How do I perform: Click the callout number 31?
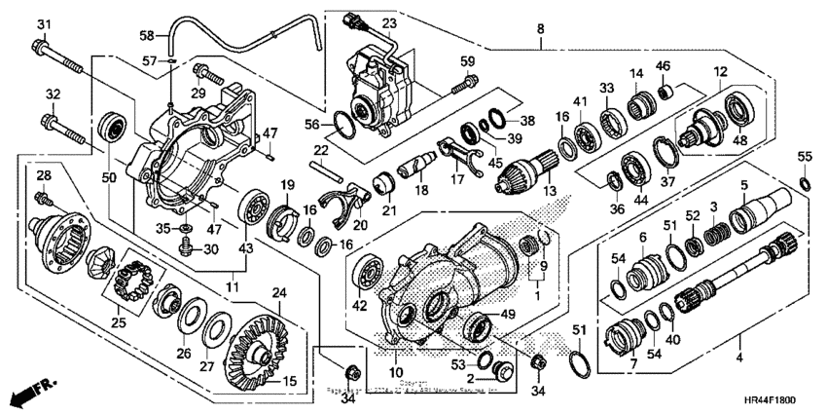43,23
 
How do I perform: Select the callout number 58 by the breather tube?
148,36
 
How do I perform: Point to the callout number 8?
540,30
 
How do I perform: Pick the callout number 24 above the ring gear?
278,292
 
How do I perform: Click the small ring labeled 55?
804,182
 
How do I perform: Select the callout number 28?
42,175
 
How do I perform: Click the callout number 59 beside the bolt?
468,62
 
